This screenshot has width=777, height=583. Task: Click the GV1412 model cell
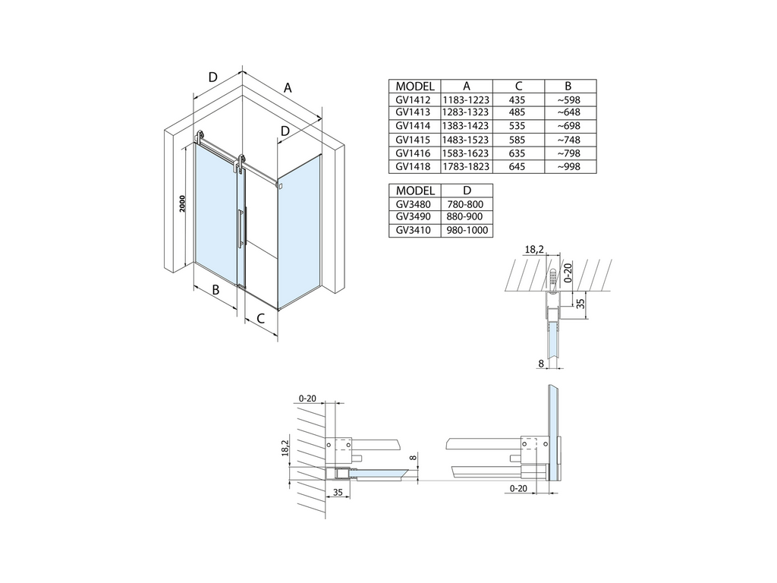tap(413, 99)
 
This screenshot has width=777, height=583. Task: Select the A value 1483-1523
tap(465, 140)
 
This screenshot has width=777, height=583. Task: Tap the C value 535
tap(517, 126)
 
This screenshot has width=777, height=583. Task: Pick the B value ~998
tap(568, 166)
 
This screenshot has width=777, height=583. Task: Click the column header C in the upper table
tap(518, 87)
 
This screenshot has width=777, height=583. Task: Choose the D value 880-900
tap(465, 216)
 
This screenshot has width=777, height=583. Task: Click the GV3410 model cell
tap(413, 230)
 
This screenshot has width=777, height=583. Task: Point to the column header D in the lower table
tap(467, 191)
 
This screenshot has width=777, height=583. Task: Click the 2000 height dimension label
tap(182, 203)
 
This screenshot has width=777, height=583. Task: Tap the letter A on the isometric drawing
tap(288, 88)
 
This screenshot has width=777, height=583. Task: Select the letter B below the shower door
tap(215, 289)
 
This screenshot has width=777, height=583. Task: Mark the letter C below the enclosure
tap(261, 318)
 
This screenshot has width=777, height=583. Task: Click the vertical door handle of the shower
tap(241, 228)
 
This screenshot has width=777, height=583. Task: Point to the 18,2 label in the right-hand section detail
tap(534, 249)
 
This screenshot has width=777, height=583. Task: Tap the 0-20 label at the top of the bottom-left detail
tap(308, 399)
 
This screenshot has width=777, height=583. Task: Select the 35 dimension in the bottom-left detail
tap(338, 492)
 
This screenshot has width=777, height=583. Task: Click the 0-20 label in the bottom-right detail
tap(518, 488)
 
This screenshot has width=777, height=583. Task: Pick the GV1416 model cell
tap(413, 153)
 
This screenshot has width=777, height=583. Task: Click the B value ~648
tap(568, 112)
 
